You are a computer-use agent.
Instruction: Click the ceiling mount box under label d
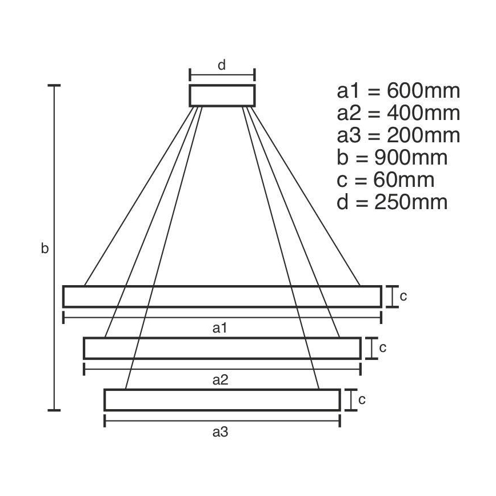tap(222, 95)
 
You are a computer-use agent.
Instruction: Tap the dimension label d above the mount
tap(222, 65)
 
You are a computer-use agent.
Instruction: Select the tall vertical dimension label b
tap(45, 249)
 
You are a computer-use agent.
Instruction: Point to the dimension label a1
tap(221, 328)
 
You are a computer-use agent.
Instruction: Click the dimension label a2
tap(221, 380)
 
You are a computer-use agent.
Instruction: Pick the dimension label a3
tap(221, 433)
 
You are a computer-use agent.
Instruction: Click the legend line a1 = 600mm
tap(398, 91)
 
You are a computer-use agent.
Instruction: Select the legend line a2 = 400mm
tap(398, 113)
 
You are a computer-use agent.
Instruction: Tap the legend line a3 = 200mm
tap(398, 135)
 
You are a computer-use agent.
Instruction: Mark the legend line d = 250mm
tap(392, 202)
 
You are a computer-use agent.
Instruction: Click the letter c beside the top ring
tap(403, 296)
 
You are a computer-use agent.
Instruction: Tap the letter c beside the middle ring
tap(383, 347)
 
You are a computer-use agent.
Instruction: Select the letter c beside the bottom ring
tap(362, 400)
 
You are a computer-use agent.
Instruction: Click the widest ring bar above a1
tap(222, 297)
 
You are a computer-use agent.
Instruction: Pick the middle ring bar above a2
tap(222, 349)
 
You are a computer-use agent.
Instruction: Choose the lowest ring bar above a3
tap(222, 400)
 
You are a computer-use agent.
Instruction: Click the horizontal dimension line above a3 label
tap(222, 421)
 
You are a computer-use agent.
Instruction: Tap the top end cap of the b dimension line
tap(54, 86)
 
